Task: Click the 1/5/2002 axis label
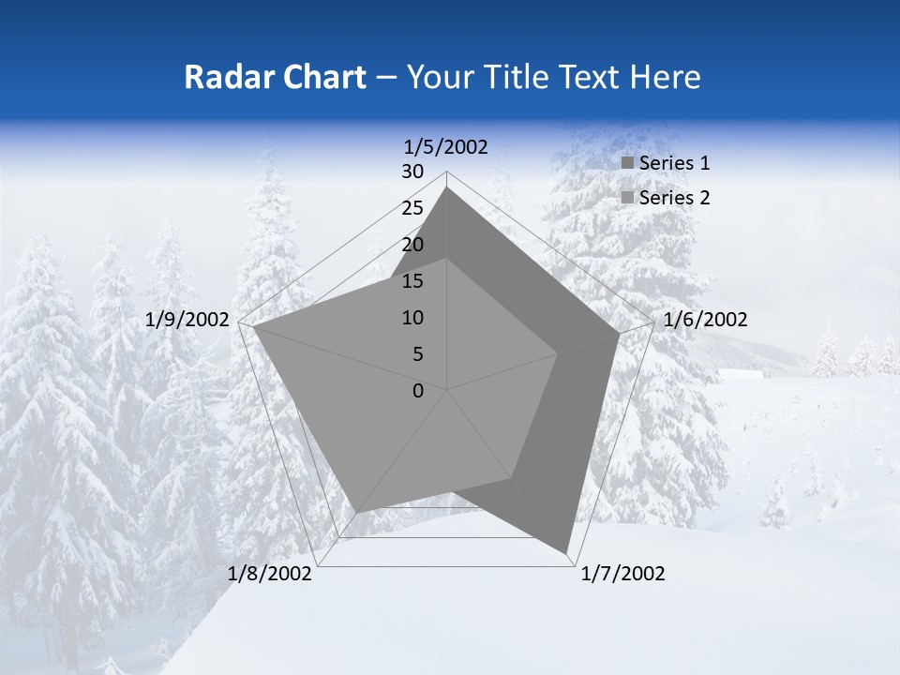(445, 146)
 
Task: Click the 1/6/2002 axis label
(705, 320)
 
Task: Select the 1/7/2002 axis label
(622, 574)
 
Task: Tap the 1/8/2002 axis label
(270, 574)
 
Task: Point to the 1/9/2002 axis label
(187, 320)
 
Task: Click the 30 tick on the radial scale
(412, 172)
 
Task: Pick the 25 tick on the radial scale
(412, 208)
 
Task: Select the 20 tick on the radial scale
(412, 245)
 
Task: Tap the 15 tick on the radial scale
(412, 281)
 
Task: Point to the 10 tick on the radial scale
(412, 318)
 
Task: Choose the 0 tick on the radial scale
(418, 391)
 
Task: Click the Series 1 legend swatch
(628, 164)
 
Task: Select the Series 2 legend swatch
(628, 198)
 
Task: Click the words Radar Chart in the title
(275, 77)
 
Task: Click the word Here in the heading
(666, 77)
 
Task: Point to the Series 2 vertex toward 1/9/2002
(253, 326)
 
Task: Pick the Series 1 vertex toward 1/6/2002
(619, 333)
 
